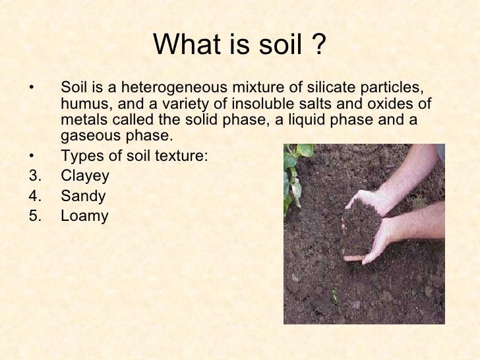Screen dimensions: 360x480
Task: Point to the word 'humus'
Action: tap(81, 104)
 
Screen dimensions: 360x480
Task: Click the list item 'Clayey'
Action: tap(84, 177)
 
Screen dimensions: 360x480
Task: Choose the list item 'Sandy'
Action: tap(82, 196)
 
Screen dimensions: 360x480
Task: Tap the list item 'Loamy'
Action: tap(84, 216)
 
